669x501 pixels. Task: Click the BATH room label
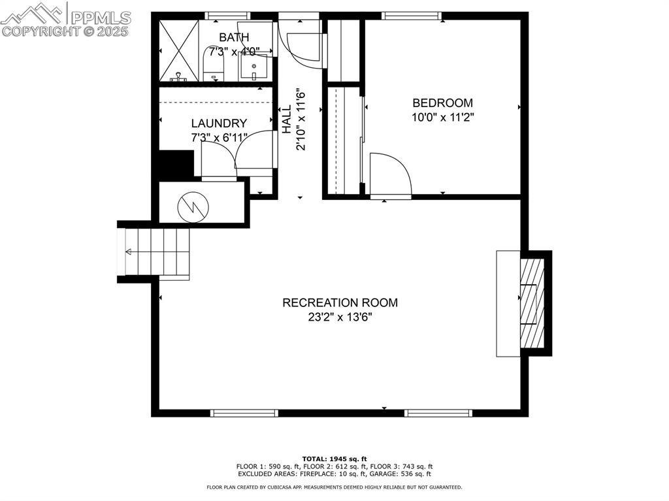pyautogui.click(x=234, y=37)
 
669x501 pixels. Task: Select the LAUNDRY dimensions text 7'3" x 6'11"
pyautogui.click(x=219, y=138)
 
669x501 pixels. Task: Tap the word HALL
pyautogui.click(x=287, y=120)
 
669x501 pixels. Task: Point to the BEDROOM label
pyautogui.click(x=442, y=103)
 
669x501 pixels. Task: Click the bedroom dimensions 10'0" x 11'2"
pyautogui.click(x=442, y=118)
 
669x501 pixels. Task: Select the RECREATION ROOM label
pyautogui.click(x=340, y=302)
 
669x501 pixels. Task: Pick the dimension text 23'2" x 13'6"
pyautogui.click(x=340, y=317)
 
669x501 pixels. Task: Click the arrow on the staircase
pyautogui.click(x=129, y=252)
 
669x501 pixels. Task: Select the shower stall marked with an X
pyautogui.click(x=178, y=50)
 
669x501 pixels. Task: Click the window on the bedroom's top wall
pyautogui.click(x=411, y=16)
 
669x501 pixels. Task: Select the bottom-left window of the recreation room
pyautogui.click(x=245, y=413)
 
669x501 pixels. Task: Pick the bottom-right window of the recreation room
pyautogui.click(x=438, y=413)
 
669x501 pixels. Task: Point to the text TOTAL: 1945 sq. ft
pyautogui.click(x=334, y=459)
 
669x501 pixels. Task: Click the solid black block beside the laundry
pyautogui.click(x=176, y=164)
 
